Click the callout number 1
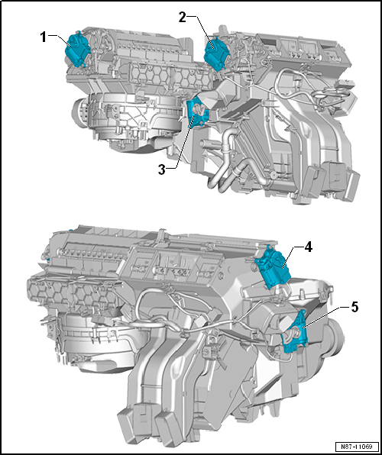tap(44, 37)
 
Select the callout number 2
tap(182, 18)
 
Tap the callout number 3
tap(162, 169)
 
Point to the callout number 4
tap(308, 247)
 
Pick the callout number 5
tap(354, 308)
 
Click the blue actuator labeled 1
tap(77, 50)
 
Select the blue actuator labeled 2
tap(216, 54)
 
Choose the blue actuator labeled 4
tap(272, 266)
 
